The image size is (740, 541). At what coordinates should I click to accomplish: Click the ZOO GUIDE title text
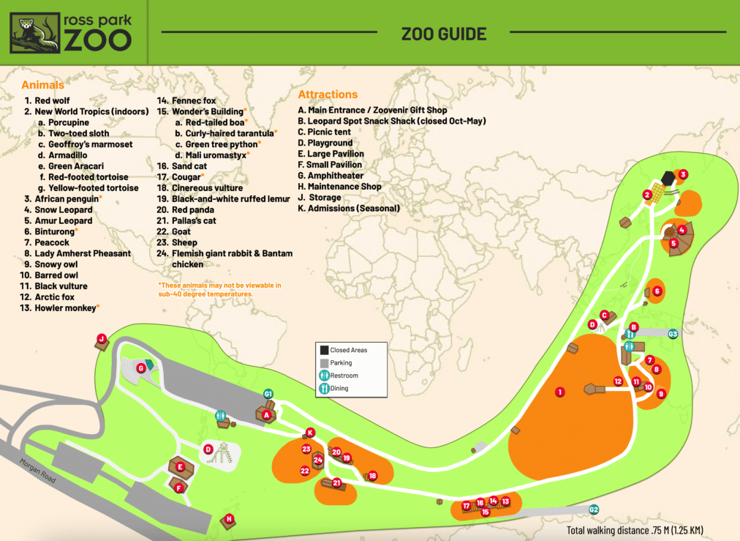443,34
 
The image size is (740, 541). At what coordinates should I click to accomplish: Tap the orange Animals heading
42,85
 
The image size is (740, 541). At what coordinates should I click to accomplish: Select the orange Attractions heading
328,94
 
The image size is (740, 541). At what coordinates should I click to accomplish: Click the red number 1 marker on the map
559,392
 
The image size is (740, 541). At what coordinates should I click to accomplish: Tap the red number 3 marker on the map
683,174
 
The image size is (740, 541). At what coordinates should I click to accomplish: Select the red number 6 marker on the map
657,291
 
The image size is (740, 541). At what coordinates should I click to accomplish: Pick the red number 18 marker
372,476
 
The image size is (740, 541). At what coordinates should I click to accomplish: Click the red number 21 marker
337,482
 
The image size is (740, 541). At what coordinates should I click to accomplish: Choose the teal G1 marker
268,395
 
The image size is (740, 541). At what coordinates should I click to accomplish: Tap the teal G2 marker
594,510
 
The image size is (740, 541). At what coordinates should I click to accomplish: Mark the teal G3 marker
673,334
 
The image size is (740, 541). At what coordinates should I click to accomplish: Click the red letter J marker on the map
102,338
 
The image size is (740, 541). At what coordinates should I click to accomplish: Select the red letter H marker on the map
229,519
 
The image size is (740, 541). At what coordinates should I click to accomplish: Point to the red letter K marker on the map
310,432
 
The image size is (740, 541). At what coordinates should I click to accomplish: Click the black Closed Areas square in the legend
322,350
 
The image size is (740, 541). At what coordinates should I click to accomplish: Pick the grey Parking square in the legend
322,362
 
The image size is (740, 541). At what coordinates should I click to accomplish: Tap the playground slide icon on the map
222,454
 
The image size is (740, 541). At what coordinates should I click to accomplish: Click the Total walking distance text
635,531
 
